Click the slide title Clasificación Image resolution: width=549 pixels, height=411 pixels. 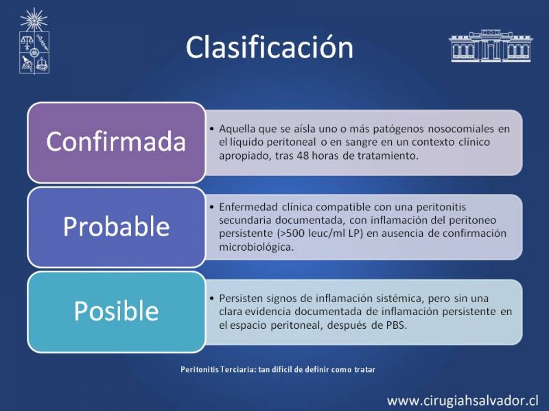pyautogui.click(x=269, y=47)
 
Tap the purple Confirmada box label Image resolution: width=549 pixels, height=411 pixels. pyautogui.click(x=116, y=141)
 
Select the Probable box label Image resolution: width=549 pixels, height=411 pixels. pyautogui.click(x=116, y=227)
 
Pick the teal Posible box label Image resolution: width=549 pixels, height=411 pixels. pyautogui.click(x=116, y=311)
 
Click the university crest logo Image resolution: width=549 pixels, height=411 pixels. pyautogui.click(x=34, y=41)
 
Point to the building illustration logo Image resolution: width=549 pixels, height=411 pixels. pyautogui.click(x=491, y=46)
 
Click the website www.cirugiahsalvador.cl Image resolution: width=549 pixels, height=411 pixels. pyautogui.click(x=463, y=401)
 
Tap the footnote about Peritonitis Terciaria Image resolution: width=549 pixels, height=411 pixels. pyautogui.click(x=278, y=369)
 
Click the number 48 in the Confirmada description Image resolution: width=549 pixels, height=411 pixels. pyautogui.click(x=303, y=155)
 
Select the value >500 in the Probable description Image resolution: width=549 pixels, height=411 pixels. pyautogui.click(x=290, y=233)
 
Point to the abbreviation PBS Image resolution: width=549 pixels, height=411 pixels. pyautogui.click(x=396, y=325)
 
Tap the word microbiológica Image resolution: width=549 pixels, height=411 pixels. pyautogui.click(x=256, y=247)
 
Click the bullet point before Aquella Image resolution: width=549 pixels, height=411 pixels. pyautogui.click(x=211, y=129)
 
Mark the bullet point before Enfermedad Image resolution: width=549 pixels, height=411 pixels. pyautogui.click(x=211, y=207)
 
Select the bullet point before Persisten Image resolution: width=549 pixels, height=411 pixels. pyautogui.click(x=211, y=299)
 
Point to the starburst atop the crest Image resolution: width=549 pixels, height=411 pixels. pyautogui.click(x=34, y=20)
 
